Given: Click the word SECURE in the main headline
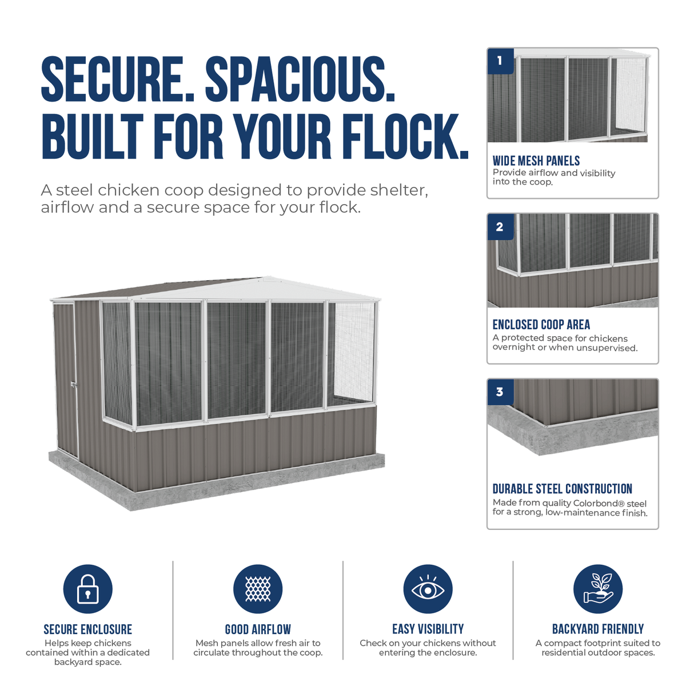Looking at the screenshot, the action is pyautogui.click(x=118, y=79).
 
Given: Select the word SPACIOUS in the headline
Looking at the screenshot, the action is pyautogui.click(x=301, y=79).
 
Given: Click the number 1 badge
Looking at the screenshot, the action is pyautogui.click(x=500, y=61).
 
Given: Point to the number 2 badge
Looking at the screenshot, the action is pyautogui.click(x=500, y=227).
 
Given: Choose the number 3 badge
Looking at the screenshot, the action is pyautogui.click(x=500, y=392).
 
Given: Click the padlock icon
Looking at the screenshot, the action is pyautogui.click(x=87, y=589).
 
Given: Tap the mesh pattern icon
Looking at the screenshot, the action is pyautogui.click(x=258, y=589).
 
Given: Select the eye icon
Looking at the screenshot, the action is pyautogui.click(x=428, y=589).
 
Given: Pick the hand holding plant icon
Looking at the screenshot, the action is pyautogui.click(x=598, y=589).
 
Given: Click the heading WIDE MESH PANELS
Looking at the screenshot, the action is pyautogui.click(x=536, y=161).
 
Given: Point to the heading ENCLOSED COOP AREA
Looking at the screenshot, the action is pyautogui.click(x=541, y=325).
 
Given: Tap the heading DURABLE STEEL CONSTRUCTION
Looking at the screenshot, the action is pyautogui.click(x=562, y=489).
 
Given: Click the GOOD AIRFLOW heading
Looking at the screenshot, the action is pyautogui.click(x=258, y=629).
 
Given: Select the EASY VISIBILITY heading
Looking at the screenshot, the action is pyautogui.click(x=428, y=629).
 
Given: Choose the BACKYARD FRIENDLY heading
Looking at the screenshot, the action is pyautogui.click(x=598, y=629).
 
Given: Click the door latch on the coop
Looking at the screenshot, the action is pyautogui.click(x=74, y=385).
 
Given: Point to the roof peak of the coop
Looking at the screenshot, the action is pyautogui.click(x=268, y=277).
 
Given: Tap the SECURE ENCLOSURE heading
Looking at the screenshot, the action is pyautogui.click(x=87, y=629).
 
